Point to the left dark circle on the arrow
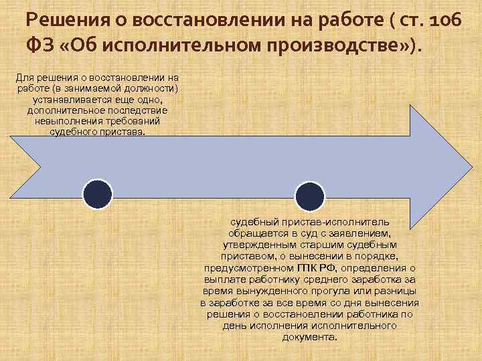pos(97,195)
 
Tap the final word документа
pos(309,337)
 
